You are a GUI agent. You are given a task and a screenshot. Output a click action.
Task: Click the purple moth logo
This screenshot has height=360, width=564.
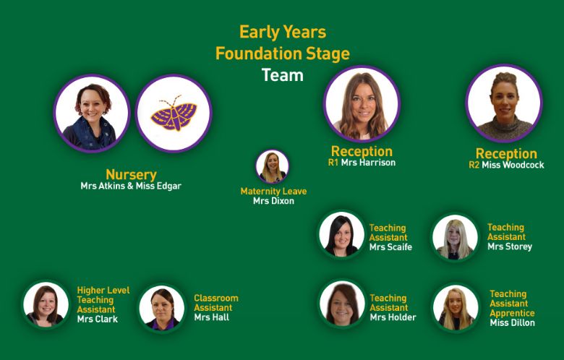(174, 113)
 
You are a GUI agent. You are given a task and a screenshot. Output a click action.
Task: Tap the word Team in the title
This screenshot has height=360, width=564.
(282, 75)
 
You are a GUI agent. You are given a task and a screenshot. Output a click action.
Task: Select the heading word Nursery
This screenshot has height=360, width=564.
(131, 175)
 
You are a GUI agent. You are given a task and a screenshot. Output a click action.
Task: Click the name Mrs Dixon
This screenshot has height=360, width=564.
(273, 201)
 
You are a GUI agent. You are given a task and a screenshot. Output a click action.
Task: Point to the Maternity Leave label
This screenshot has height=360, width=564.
(273, 192)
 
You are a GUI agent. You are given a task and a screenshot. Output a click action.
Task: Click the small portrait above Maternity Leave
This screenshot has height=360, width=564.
(273, 166)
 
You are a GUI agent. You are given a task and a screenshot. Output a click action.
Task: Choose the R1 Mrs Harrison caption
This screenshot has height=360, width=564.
(362, 163)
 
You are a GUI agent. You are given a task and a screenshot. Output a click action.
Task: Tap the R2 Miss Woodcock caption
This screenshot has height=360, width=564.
(506, 165)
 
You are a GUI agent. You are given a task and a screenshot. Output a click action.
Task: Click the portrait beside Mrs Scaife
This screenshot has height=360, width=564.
(342, 235)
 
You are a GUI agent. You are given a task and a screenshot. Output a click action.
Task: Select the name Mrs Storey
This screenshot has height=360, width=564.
(510, 247)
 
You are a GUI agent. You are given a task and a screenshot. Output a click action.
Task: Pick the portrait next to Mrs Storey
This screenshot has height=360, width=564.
(455, 237)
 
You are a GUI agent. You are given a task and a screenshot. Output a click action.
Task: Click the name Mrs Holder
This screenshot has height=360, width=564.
(393, 317)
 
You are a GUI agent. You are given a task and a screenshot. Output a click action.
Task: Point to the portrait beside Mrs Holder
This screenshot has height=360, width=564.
(342, 303)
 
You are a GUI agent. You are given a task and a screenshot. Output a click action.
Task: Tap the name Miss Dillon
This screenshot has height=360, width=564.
(512, 322)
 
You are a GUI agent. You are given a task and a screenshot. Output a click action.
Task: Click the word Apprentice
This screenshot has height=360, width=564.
(512, 313)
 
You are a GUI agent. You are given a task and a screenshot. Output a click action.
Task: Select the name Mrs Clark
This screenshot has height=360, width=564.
(98, 319)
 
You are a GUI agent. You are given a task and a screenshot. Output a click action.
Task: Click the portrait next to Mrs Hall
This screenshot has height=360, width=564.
(162, 308)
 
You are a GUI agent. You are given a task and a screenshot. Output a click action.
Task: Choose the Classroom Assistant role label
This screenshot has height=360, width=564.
(215, 303)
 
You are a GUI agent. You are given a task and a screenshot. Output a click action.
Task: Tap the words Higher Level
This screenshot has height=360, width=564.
(103, 291)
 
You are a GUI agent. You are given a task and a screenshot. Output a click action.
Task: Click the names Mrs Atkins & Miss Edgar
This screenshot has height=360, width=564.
(131, 186)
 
